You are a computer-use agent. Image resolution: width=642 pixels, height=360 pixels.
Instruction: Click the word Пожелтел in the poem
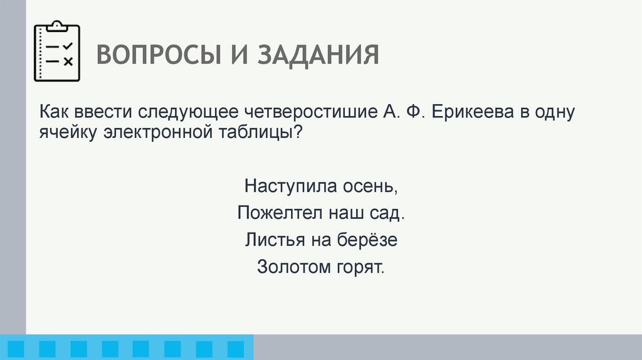pyautogui.click(x=279, y=213)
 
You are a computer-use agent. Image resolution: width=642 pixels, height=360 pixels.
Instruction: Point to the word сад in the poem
pyautogui.click(x=388, y=213)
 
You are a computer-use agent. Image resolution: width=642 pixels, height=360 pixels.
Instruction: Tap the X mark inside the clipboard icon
pyautogui.click(x=68, y=61)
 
